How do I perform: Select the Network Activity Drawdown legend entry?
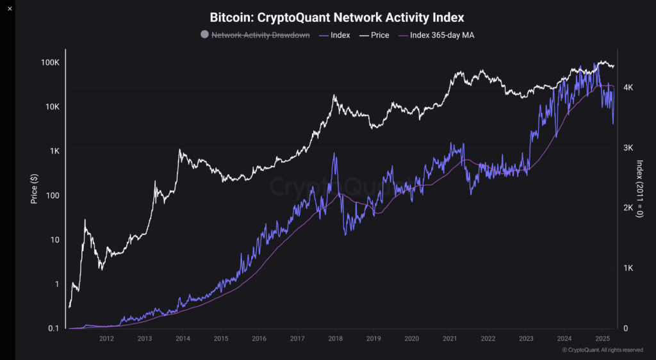255,35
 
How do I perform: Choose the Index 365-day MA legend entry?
436,35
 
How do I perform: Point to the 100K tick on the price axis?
50,63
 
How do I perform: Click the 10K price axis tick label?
52,107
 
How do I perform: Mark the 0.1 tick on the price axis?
54,329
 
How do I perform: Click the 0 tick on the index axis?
624,329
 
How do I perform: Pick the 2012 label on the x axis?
106,338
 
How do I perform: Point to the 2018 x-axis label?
335,338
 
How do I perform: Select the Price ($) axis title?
35,190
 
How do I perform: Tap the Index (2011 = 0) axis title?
638,190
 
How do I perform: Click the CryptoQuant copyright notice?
602,350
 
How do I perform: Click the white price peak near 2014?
179,150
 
